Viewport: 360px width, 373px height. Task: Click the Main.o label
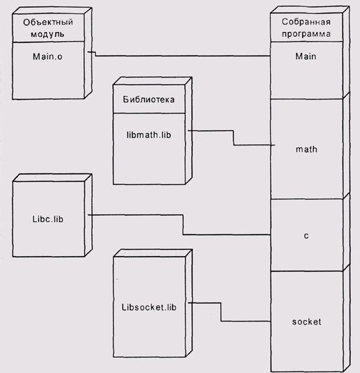click(47, 56)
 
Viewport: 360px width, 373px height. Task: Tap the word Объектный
click(48, 22)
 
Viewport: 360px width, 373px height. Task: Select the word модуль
click(47, 34)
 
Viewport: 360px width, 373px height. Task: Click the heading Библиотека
click(149, 100)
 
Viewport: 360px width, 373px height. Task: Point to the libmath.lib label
click(149, 135)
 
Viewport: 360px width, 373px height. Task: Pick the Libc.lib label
click(48, 219)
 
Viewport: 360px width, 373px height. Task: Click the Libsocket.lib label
click(149, 307)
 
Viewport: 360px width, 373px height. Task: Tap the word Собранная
click(306, 22)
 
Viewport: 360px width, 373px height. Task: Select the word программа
click(306, 34)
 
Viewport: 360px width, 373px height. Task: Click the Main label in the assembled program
click(306, 56)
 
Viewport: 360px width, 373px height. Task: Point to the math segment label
click(306, 150)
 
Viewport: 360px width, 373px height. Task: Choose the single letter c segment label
click(306, 236)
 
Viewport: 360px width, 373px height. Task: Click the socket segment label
click(306, 322)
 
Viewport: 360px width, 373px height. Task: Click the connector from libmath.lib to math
click(233, 138)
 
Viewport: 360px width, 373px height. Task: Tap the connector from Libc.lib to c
click(183, 225)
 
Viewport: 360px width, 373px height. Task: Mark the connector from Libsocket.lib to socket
click(221, 312)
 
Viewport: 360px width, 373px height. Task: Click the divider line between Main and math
click(306, 99)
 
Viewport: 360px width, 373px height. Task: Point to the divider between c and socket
click(306, 271)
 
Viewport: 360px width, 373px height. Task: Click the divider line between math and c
click(306, 199)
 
